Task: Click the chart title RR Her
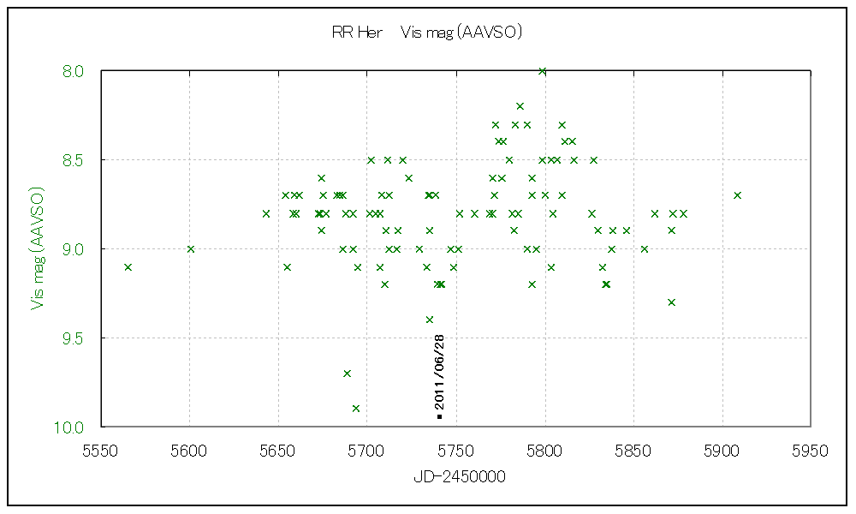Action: click(x=357, y=33)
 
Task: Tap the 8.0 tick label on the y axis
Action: click(x=74, y=71)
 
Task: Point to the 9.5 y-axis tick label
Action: click(x=74, y=338)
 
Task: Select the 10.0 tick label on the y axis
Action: click(x=70, y=427)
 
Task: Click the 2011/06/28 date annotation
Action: click(x=439, y=371)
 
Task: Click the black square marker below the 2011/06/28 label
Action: click(x=439, y=417)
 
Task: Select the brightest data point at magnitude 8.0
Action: click(x=542, y=71)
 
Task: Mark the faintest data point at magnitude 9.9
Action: click(x=356, y=409)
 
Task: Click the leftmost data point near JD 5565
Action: click(x=128, y=267)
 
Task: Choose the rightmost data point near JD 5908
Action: click(x=737, y=195)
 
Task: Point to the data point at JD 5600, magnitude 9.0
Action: click(x=191, y=249)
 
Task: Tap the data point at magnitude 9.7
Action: click(x=347, y=374)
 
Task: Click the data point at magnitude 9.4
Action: click(x=430, y=320)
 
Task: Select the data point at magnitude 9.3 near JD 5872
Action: click(x=672, y=302)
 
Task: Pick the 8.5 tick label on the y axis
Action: click(x=74, y=160)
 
